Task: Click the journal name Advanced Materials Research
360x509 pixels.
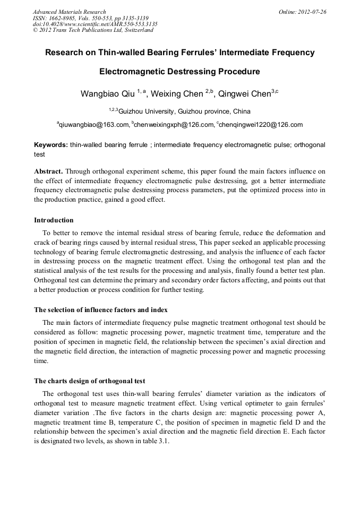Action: coord(69,12)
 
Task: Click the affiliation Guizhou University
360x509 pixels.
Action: coord(149,111)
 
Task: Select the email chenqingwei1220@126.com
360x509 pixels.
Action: coord(260,125)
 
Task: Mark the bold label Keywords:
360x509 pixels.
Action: coord(50,145)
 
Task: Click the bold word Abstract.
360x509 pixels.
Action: coord(48,171)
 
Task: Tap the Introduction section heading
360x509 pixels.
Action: coord(54,220)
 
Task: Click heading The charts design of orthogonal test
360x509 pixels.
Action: coord(90,381)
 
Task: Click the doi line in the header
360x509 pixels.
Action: coord(95,24)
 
